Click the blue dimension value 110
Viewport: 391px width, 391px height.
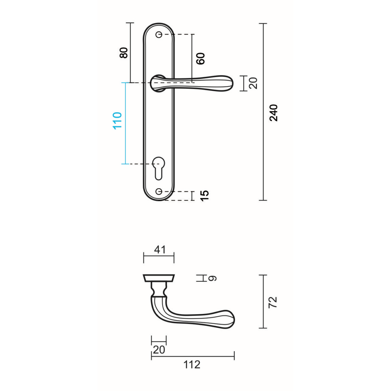pyautogui.click(x=117, y=121)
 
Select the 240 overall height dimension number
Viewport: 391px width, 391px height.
pyautogui.click(x=274, y=113)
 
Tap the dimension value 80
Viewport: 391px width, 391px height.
pyautogui.click(x=124, y=52)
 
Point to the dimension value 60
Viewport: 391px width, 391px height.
pyautogui.click(x=201, y=59)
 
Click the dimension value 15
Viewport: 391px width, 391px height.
pyautogui.click(x=204, y=196)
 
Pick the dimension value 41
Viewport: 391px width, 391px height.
pyautogui.click(x=160, y=249)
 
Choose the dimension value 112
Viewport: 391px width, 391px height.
pyautogui.click(x=192, y=365)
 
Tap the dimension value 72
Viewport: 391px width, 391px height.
pyautogui.click(x=273, y=302)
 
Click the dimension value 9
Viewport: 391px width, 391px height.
pyautogui.click(x=212, y=278)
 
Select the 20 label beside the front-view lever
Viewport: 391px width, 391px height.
pyautogui.click(x=253, y=83)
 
